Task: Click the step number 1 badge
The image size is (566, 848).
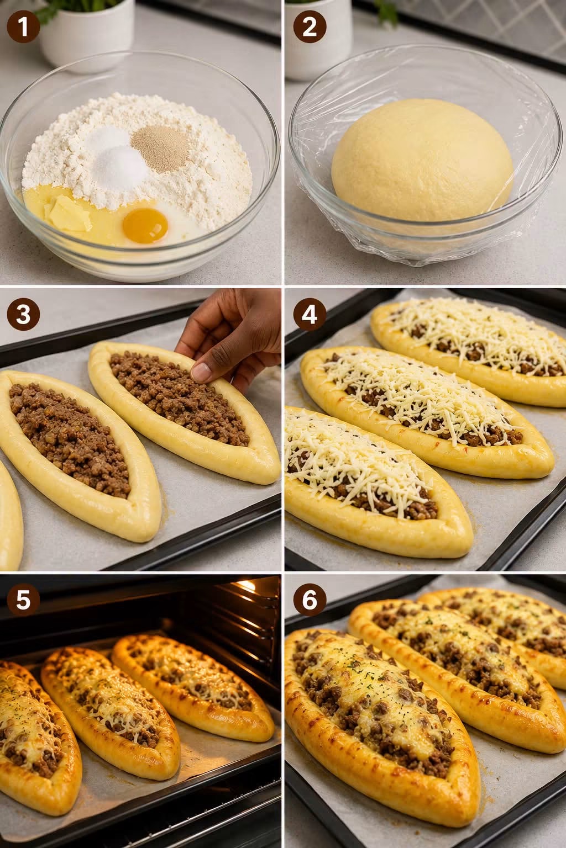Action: tap(23, 26)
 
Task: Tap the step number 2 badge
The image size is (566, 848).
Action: tap(310, 26)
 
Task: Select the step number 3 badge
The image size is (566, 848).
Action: tap(23, 315)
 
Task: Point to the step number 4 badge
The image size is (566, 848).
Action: tap(310, 315)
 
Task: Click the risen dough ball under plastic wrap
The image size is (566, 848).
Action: tap(422, 161)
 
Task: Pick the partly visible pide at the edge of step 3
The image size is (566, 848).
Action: tap(9, 515)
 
